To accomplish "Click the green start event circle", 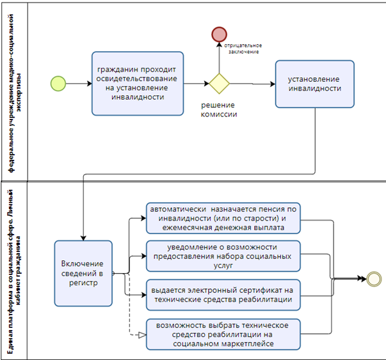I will [58, 83].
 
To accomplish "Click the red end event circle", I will [220, 35].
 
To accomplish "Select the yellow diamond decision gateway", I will [220, 83].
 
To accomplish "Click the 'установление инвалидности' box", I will [314, 84].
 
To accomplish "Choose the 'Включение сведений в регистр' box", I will [83, 272].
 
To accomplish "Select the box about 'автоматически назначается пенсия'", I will [224, 219].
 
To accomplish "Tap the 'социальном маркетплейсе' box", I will [224, 334].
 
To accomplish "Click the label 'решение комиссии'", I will [220, 110].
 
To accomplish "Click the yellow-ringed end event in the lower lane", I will [374, 279].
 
